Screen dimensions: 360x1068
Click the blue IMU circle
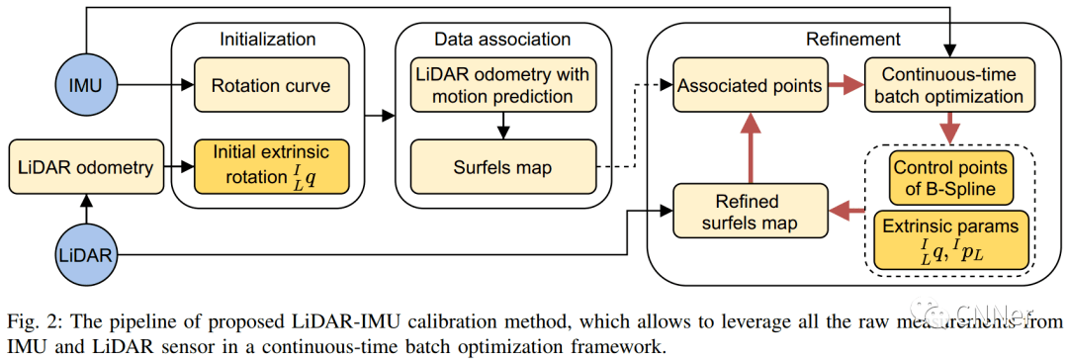[x=85, y=86]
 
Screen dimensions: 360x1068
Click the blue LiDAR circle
[x=85, y=255]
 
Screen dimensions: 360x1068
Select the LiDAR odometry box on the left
[x=85, y=168]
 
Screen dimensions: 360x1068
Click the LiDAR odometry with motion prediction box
[x=503, y=86]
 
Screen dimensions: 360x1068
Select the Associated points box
[x=750, y=86]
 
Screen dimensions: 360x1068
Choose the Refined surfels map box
[x=750, y=211]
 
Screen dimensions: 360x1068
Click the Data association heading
[x=503, y=40]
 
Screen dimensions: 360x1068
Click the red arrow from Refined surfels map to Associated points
[x=750, y=143]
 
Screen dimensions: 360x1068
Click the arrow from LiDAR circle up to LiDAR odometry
[x=85, y=209]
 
